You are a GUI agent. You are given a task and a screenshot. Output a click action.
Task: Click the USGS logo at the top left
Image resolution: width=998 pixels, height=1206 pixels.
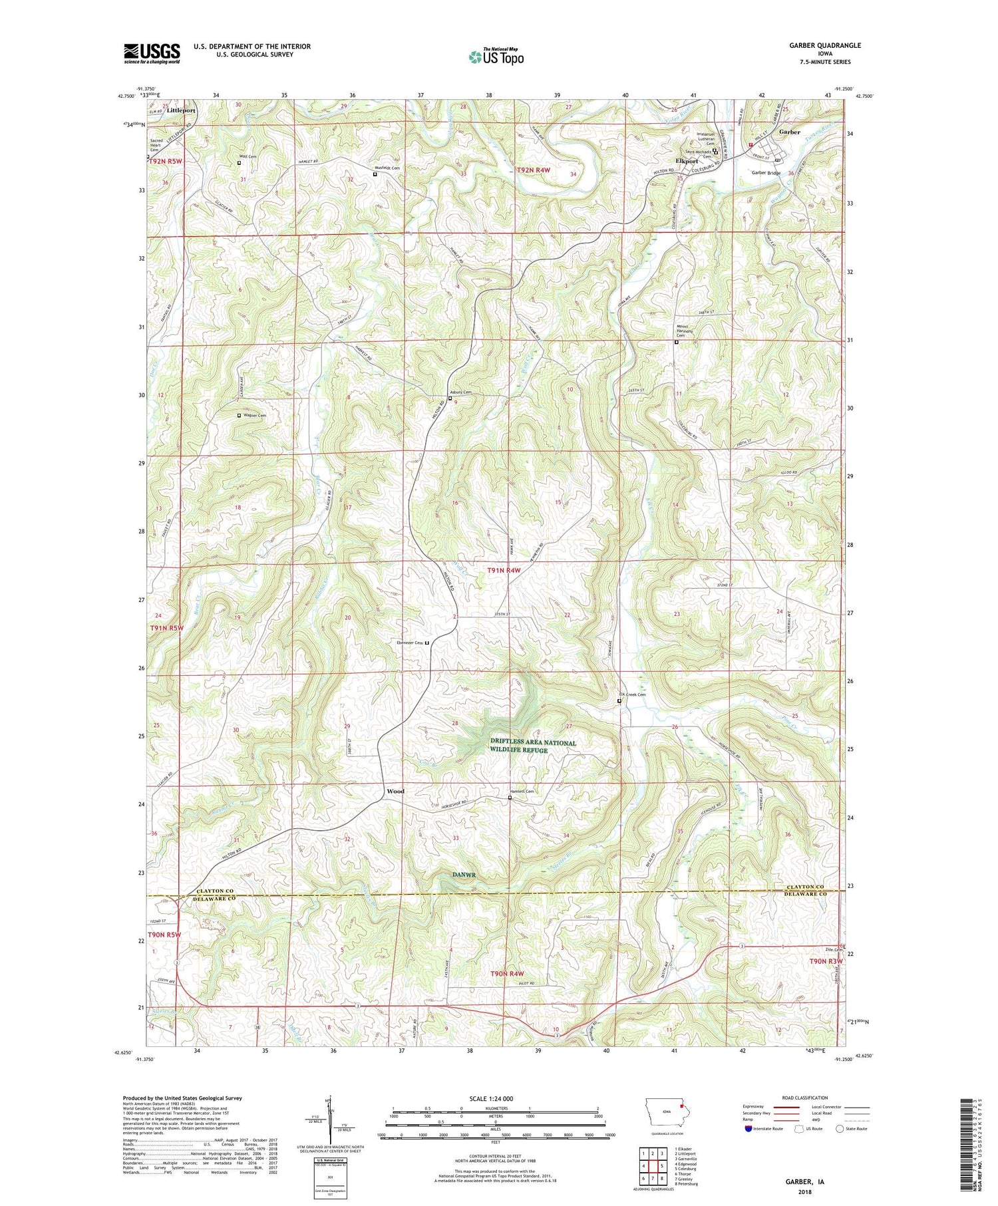pyautogui.click(x=152, y=53)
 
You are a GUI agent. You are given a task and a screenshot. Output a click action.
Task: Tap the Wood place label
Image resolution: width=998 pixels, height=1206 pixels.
pyautogui.click(x=395, y=792)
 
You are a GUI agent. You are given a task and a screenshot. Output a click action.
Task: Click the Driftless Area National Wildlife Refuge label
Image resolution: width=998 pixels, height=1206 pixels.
pyautogui.click(x=533, y=746)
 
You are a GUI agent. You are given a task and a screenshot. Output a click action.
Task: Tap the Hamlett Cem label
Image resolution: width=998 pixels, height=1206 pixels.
pyautogui.click(x=521, y=792)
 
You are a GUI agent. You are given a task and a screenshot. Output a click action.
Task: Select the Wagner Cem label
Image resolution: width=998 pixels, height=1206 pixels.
pyautogui.click(x=254, y=415)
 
